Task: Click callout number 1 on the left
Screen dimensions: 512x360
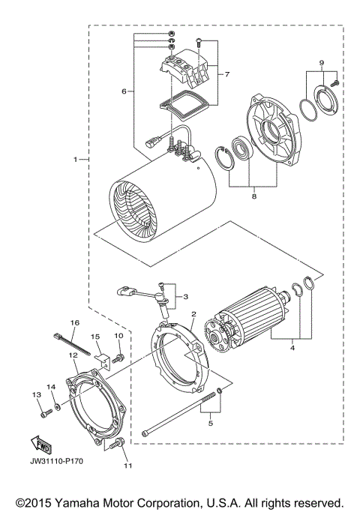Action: [x=76, y=160]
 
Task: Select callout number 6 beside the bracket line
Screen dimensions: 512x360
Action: [x=124, y=91]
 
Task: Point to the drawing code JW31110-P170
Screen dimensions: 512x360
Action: [x=57, y=461]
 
